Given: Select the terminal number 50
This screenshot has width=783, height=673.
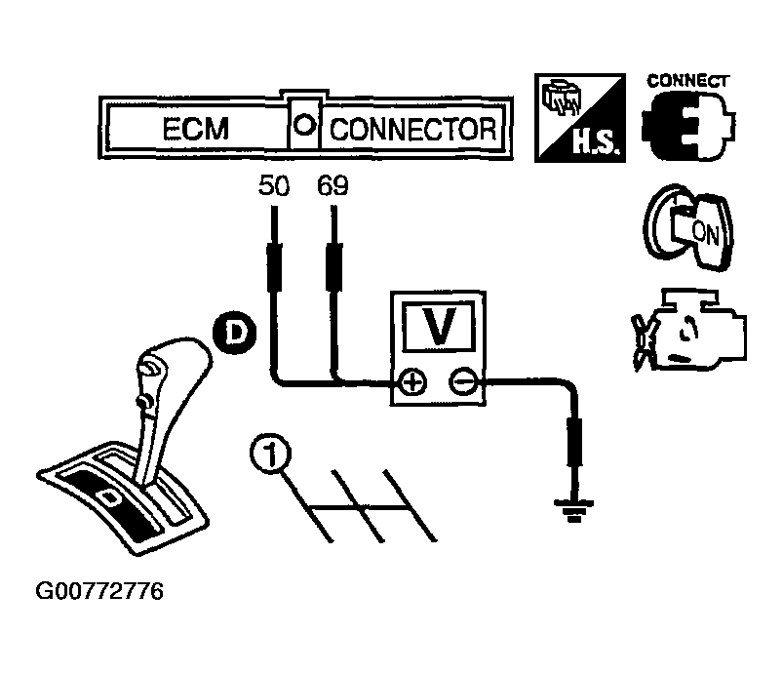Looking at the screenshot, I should (274, 186).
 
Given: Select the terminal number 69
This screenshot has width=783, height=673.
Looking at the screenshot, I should (333, 186).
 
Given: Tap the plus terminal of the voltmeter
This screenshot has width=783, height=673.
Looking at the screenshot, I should (411, 383).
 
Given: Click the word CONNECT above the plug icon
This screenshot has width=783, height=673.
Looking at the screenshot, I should (687, 81).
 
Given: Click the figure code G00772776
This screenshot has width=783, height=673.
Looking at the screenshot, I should (98, 592).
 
